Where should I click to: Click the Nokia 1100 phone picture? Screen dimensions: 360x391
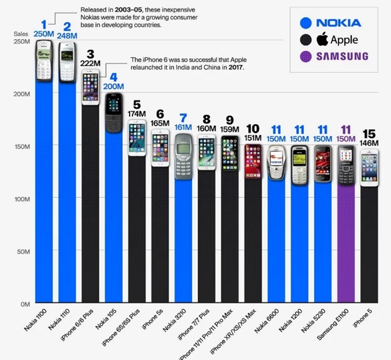tap(44, 61)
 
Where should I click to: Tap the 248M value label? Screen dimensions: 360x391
tap(67, 36)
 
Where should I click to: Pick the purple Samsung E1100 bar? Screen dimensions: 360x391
tap(346, 240)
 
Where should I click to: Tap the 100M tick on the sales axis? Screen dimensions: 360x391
tap(22, 198)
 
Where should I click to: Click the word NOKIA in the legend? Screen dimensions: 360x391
tap(339, 23)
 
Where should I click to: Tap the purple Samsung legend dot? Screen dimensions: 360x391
tap(305, 56)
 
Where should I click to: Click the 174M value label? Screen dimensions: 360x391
tap(137, 114)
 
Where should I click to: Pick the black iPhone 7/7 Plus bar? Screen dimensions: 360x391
tap(206, 240)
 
